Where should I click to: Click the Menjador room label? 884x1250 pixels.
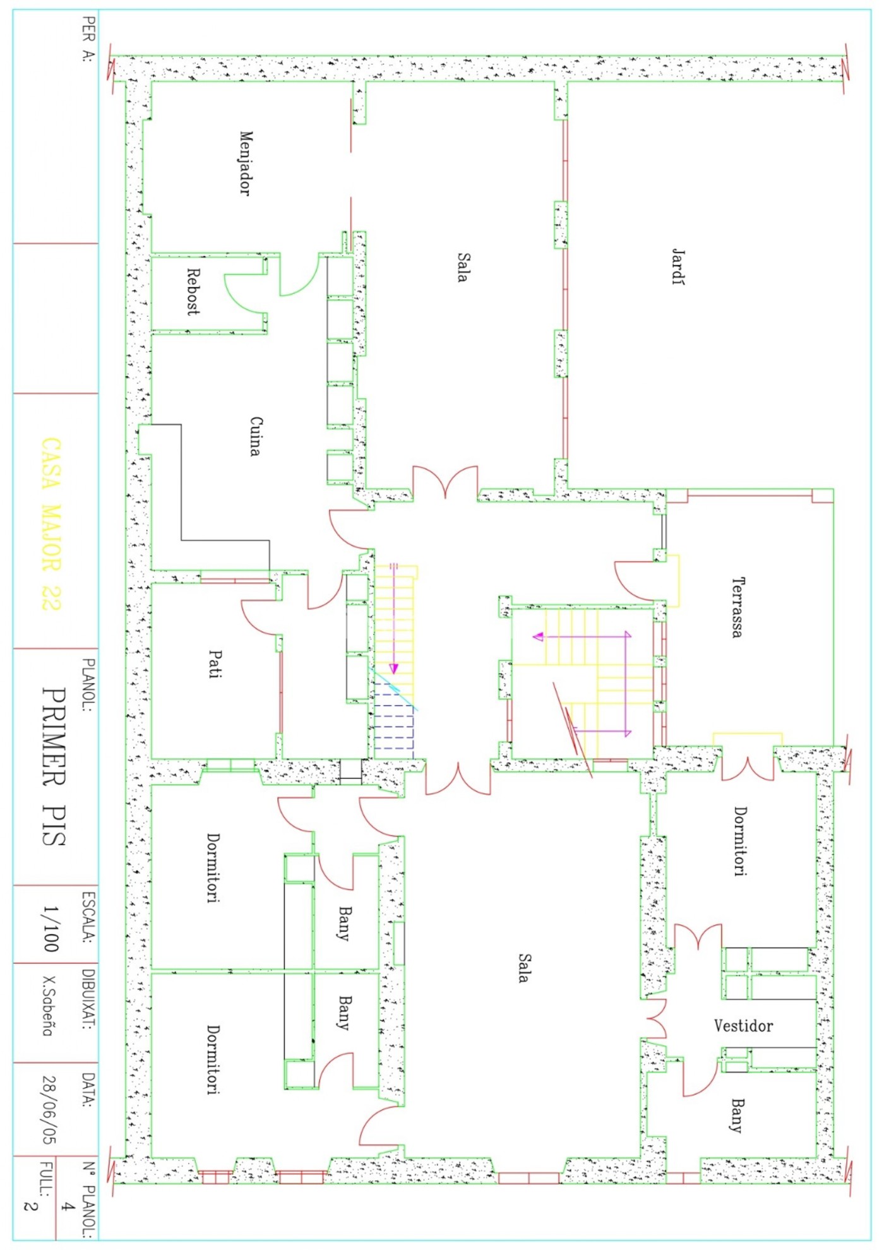(246, 163)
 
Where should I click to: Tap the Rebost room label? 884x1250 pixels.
(193, 292)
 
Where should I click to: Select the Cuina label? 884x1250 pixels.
(255, 436)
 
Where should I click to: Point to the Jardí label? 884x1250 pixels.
(678, 266)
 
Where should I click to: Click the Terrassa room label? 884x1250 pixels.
(737, 607)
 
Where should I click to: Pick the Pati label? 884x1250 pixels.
(215, 664)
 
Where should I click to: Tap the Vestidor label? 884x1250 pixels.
(743, 1025)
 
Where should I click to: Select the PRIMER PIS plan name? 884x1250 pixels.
(54, 766)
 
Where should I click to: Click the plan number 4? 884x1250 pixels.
(66, 1206)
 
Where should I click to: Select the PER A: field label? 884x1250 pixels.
(88, 39)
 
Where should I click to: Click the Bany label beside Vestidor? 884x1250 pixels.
(737, 1116)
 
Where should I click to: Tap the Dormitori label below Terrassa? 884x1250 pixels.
(740, 840)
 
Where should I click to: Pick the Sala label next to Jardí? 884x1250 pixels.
(463, 266)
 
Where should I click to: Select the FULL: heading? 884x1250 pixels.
(46, 1179)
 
